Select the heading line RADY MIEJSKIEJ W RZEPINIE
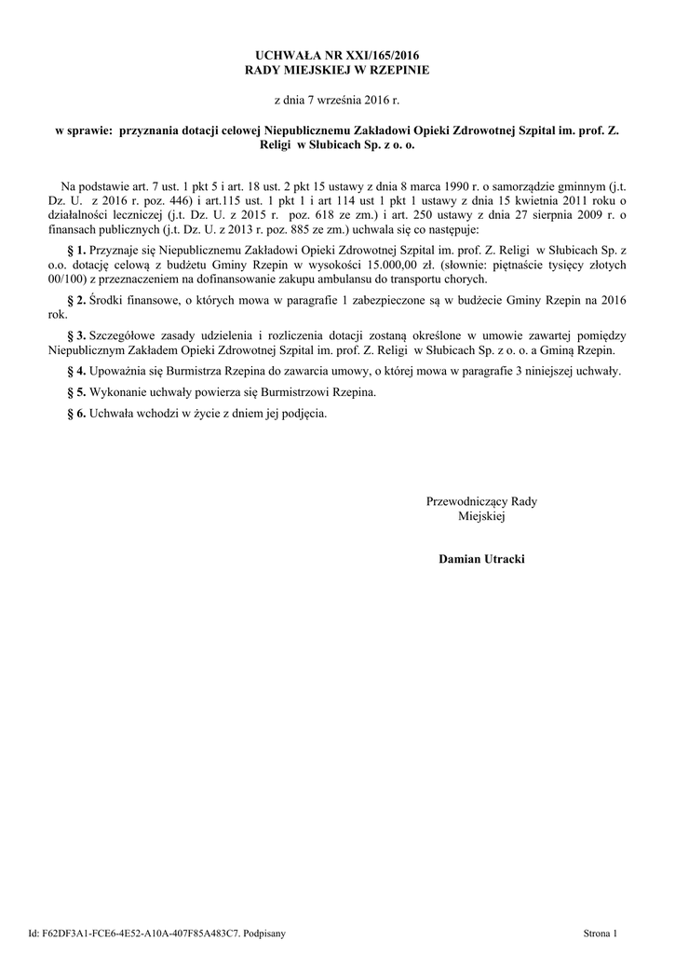click(337, 70)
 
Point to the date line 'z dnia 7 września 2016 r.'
click(337, 100)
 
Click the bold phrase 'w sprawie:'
click(77, 131)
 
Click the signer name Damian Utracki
click(481, 559)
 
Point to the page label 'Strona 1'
click(600, 932)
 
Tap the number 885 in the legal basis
click(280, 228)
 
